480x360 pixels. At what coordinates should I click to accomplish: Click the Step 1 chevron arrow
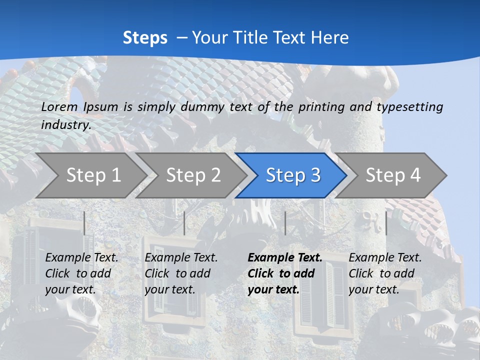(x=93, y=175)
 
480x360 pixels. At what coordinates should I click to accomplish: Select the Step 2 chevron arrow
(x=193, y=175)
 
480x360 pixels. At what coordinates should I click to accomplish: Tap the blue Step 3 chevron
(x=293, y=175)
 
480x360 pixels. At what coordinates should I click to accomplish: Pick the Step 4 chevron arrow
(x=393, y=175)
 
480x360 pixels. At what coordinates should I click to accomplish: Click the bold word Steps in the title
(x=145, y=38)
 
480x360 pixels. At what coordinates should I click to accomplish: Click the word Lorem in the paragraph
(x=59, y=107)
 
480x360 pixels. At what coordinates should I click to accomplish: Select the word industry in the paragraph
(x=65, y=125)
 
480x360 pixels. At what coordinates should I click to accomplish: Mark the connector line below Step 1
(x=84, y=223)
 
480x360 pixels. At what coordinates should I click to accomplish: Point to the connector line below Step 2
(x=184, y=223)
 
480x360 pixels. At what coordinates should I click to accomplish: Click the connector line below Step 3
(x=285, y=223)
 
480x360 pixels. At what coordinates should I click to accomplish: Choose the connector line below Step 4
(x=386, y=223)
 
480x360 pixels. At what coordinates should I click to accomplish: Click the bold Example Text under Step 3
(x=285, y=258)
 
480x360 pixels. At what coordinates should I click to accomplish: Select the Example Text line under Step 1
(x=81, y=258)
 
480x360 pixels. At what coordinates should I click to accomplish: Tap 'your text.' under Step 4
(x=374, y=289)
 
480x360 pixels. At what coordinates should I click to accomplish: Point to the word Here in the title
(x=330, y=38)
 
